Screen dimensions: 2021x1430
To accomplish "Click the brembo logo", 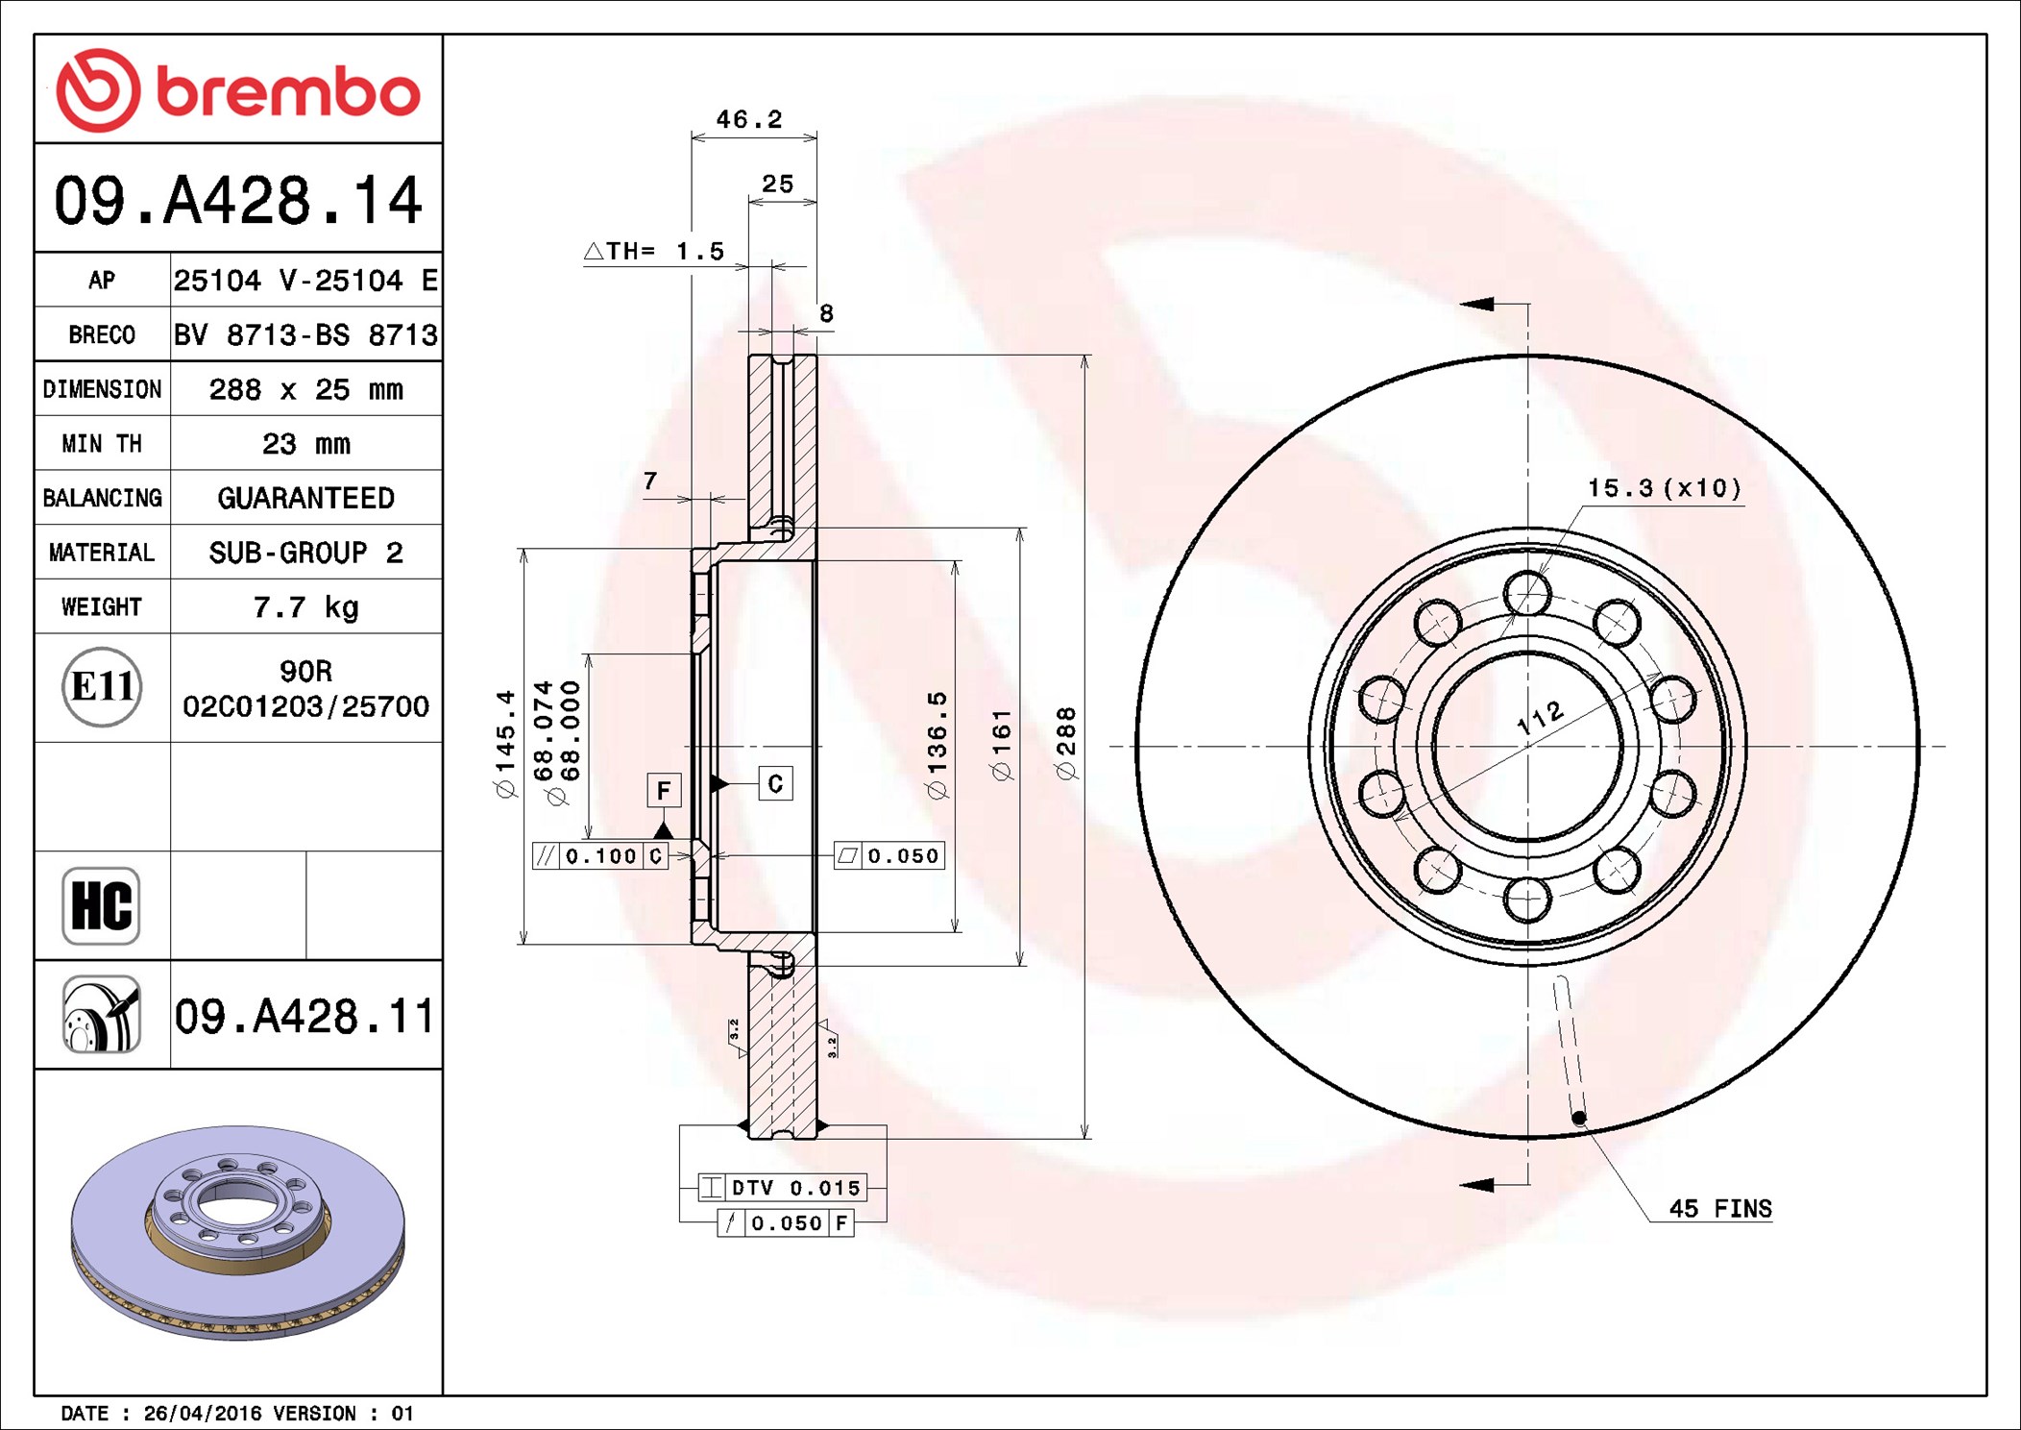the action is click(x=238, y=89).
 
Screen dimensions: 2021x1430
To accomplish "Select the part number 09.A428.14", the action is click(x=238, y=200).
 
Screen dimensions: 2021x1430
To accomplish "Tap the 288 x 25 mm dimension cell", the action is click(x=305, y=389).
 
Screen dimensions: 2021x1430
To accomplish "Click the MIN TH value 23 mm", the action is click(x=305, y=444).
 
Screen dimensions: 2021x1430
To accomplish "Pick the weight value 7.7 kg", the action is click(x=305, y=607).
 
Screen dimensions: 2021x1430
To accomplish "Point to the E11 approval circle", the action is click(x=102, y=687).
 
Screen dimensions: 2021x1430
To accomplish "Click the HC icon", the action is click(x=101, y=905).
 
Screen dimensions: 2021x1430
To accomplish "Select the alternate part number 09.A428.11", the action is click(x=305, y=1016).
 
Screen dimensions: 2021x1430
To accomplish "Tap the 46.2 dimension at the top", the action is click(x=749, y=119).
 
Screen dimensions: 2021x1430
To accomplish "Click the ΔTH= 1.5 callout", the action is click(x=654, y=251).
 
